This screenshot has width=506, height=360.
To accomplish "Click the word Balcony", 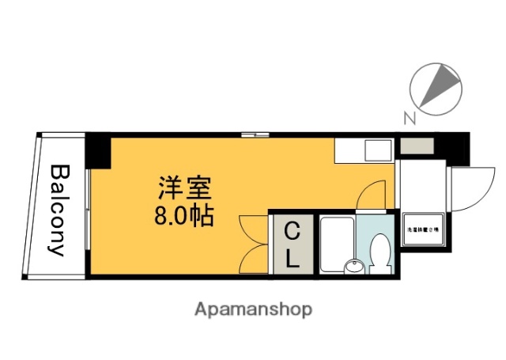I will tap(59, 210).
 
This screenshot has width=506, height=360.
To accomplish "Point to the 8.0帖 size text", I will tap(184, 214).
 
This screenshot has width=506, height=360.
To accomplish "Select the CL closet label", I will tap(292, 244).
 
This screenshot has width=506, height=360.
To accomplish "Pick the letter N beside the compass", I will tap(409, 119).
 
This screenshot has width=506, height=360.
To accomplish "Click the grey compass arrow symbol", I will tap(440, 86).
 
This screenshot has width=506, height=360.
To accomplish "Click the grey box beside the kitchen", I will tap(415, 146).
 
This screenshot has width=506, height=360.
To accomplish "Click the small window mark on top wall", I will tap(255, 135).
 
